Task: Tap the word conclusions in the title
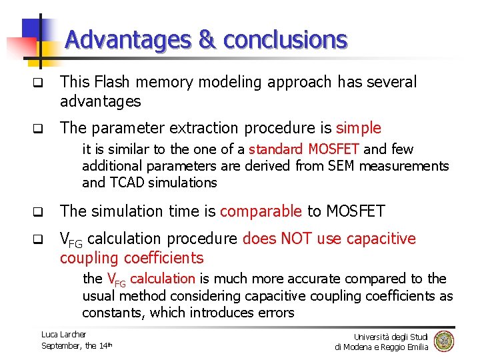[x=285, y=40]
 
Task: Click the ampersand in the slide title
[x=207, y=40]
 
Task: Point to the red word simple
[x=359, y=127]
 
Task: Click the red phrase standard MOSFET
[x=304, y=149]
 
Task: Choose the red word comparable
[x=261, y=211]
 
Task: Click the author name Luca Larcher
[x=63, y=334]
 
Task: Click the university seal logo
[x=443, y=341]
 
